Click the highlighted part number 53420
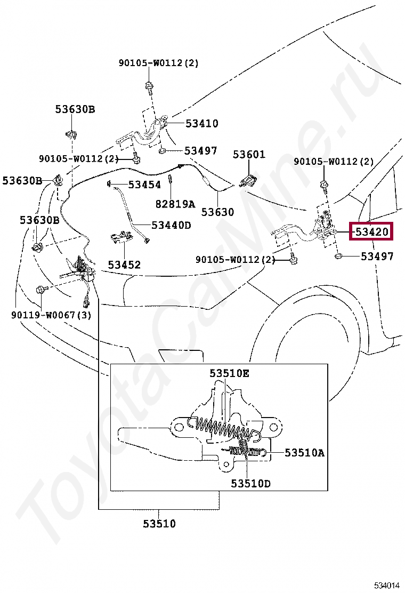click(371, 231)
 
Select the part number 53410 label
click(201, 123)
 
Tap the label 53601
click(248, 155)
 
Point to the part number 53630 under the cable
click(217, 212)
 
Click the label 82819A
click(175, 204)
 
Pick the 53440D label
click(171, 225)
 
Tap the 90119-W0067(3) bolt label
click(51, 315)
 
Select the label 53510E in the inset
click(229, 373)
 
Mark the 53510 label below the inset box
click(159, 524)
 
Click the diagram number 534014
click(386, 585)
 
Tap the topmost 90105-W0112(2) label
click(158, 63)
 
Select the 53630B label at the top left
click(75, 109)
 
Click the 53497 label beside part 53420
click(377, 256)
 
